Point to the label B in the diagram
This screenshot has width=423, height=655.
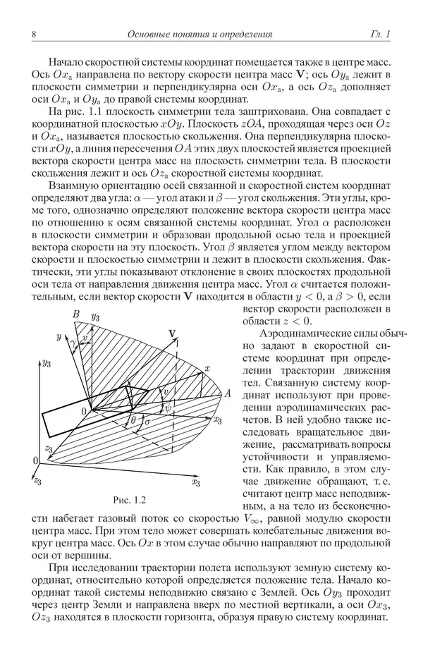pyautogui.click(x=75, y=314)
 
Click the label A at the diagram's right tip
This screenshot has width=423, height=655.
pyautogui.click(x=228, y=394)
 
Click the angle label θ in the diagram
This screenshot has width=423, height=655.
pyautogui.click(x=134, y=420)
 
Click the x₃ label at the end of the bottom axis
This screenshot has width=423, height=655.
pyautogui.click(x=195, y=482)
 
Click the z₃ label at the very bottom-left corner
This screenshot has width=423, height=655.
pyautogui.click(x=37, y=480)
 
